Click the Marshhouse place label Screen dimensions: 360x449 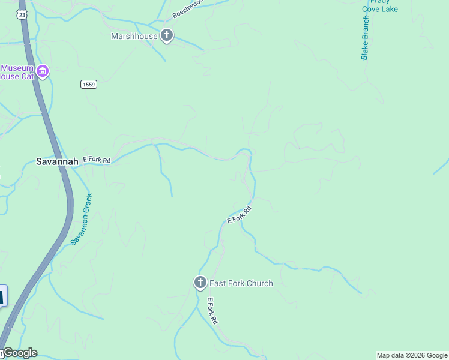click(134, 36)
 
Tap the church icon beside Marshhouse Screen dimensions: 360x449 click(167, 36)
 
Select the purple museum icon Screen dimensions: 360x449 click(42, 72)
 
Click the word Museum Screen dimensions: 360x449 click(17, 68)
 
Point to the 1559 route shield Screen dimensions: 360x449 click(89, 85)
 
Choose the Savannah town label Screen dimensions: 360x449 click(56, 161)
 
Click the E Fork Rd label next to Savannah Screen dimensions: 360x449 click(97, 160)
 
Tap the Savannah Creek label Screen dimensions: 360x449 click(82, 218)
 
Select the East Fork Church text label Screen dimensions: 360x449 click(241, 283)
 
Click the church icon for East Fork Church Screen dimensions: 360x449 click(200, 283)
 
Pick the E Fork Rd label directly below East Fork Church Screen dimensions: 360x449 click(212, 311)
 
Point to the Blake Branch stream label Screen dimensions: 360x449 click(365, 38)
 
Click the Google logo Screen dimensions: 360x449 click(19, 353)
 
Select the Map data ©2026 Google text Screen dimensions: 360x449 click(412, 355)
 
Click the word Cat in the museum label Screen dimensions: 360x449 click(26, 76)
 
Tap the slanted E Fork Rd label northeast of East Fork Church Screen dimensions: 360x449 click(238, 215)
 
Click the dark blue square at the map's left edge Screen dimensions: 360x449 click(2, 296)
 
